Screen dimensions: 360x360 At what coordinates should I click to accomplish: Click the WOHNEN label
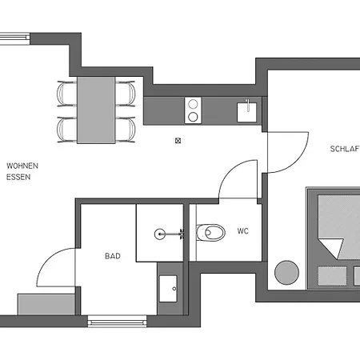(x=22, y=166)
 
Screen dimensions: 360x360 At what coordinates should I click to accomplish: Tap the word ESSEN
(x=18, y=177)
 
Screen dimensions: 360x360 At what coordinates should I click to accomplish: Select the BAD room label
(x=113, y=256)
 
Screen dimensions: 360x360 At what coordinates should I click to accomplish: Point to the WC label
(x=243, y=231)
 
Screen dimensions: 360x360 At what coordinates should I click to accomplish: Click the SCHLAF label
(x=345, y=149)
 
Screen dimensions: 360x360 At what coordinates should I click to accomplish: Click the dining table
(x=96, y=110)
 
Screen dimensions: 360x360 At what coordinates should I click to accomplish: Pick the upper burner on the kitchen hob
(x=193, y=104)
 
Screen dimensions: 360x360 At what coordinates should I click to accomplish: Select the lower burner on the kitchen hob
(x=193, y=117)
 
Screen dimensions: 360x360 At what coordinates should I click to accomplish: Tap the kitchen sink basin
(x=247, y=112)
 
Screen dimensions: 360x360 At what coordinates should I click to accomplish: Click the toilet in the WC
(x=210, y=233)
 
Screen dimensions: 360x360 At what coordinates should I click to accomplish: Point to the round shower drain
(x=159, y=234)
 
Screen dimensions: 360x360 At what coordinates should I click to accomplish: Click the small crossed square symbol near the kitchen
(x=178, y=141)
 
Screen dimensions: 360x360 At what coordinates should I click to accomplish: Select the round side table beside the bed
(x=286, y=273)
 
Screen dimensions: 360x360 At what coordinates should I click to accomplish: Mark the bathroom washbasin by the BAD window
(x=168, y=289)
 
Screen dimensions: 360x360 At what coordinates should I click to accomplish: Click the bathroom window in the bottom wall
(x=118, y=321)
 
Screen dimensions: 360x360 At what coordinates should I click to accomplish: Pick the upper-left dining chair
(x=67, y=94)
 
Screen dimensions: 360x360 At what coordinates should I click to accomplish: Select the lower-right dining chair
(x=126, y=130)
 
